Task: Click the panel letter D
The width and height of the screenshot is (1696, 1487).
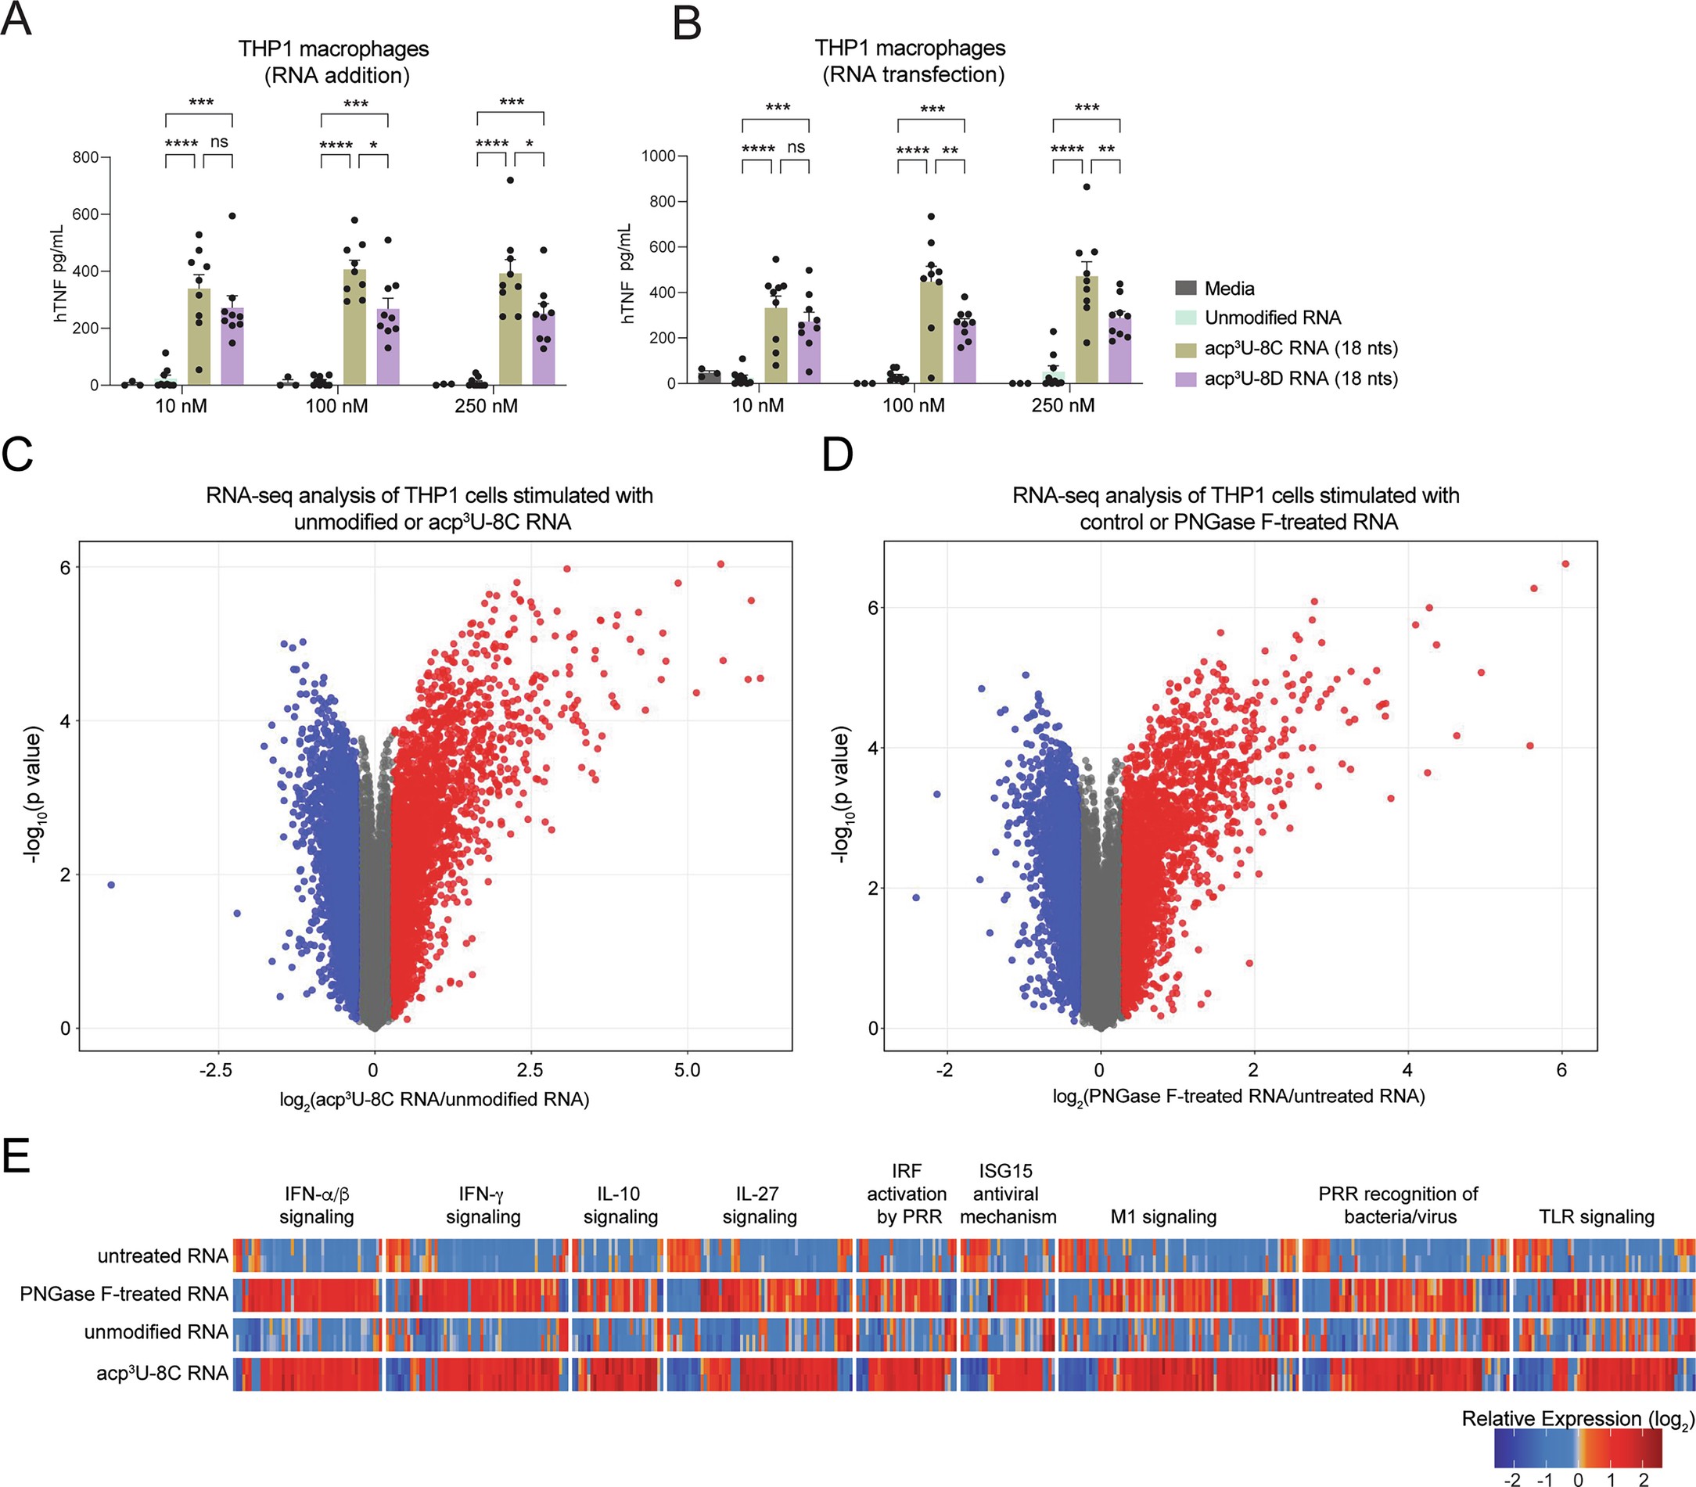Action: point(836,454)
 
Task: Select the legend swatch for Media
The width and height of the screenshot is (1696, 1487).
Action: point(1186,288)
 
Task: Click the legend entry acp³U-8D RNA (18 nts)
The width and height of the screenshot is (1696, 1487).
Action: point(1301,379)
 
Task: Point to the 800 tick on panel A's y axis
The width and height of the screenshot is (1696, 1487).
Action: point(85,156)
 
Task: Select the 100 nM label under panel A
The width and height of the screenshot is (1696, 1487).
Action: point(336,407)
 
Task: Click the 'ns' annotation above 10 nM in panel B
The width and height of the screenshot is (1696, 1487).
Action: point(796,147)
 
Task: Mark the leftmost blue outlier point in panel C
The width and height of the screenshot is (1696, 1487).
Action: point(111,885)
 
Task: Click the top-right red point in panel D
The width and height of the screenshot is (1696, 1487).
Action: point(1565,563)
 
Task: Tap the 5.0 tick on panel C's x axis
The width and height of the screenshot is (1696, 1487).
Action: point(687,1070)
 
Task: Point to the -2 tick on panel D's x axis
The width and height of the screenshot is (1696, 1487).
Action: point(944,1070)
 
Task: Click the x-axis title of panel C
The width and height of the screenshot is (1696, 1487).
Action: point(434,1100)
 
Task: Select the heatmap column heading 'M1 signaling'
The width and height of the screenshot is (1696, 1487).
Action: point(1163,1216)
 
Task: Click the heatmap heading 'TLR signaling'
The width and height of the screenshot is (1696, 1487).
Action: point(1596,1216)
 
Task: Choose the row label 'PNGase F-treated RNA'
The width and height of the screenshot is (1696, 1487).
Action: point(124,1294)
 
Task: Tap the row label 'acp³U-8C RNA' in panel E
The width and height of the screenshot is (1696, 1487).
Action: point(162,1374)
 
